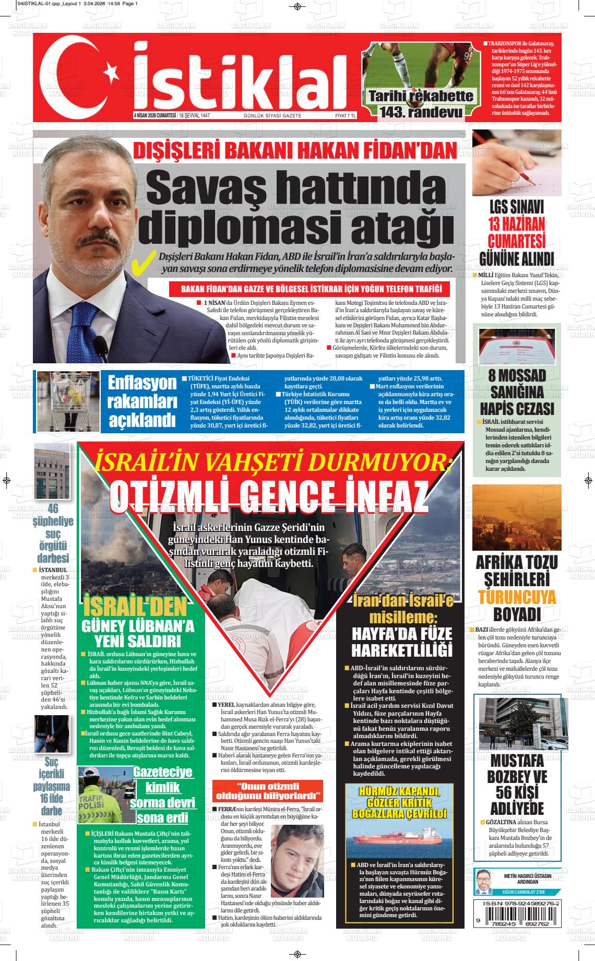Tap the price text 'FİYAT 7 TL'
pyautogui.click(x=345, y=116)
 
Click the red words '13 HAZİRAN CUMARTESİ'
pyautogui.click(x=516, y=232)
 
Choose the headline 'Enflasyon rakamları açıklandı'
pyautogui.click(x=141, y=400)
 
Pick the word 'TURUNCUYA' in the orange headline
pyautogui.click(x=517, y=597)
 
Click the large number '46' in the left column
pyautogui.click(x=53, y=508)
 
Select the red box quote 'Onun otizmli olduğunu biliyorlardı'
pyautogui.click(x=267, y=792)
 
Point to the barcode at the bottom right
pyautogui.click(x=517, y=923)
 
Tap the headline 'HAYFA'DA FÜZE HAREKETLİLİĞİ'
pyautogui.click(x=401, y=642)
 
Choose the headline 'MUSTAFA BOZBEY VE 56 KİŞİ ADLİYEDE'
pyautogui.click(x=516, y=784)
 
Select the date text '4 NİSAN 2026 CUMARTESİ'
pyautogui.click(x=154, y=116)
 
